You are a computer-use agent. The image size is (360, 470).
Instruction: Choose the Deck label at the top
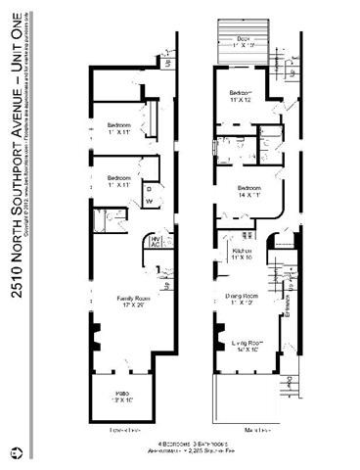[244, 43]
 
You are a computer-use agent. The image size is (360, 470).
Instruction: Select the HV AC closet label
[155, 241]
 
